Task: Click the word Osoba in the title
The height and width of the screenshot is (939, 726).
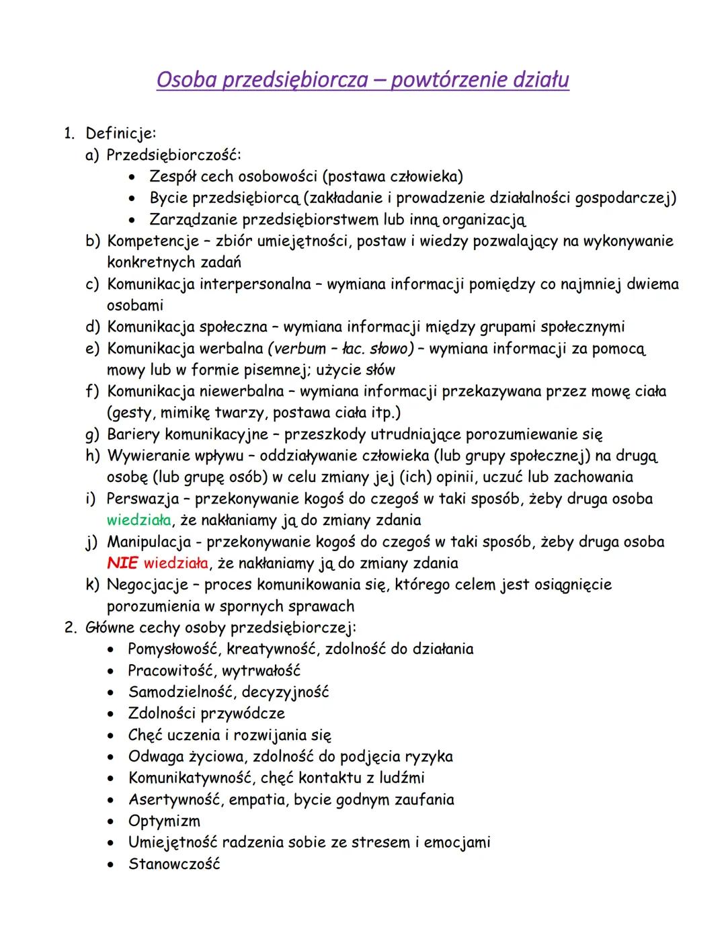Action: (186, 80)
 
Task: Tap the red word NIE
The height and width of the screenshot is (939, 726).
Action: (122, 563)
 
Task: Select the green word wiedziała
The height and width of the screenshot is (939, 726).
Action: (138, 520)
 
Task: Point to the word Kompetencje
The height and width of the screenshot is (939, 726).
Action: (153, 241)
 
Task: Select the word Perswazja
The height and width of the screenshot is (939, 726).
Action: (143, 499)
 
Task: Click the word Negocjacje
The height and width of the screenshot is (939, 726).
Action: (148, 585)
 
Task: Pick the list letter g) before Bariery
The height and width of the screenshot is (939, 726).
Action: (92, 435)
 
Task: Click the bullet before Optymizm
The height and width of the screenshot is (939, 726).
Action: (112, 821)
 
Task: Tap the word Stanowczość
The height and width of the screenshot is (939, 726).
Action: (174, 864)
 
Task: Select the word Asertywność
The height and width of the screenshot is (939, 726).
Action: (175, 800)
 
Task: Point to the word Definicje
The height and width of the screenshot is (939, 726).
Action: (120, 134)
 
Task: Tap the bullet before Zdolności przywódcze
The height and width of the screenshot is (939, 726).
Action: (112, 714)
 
